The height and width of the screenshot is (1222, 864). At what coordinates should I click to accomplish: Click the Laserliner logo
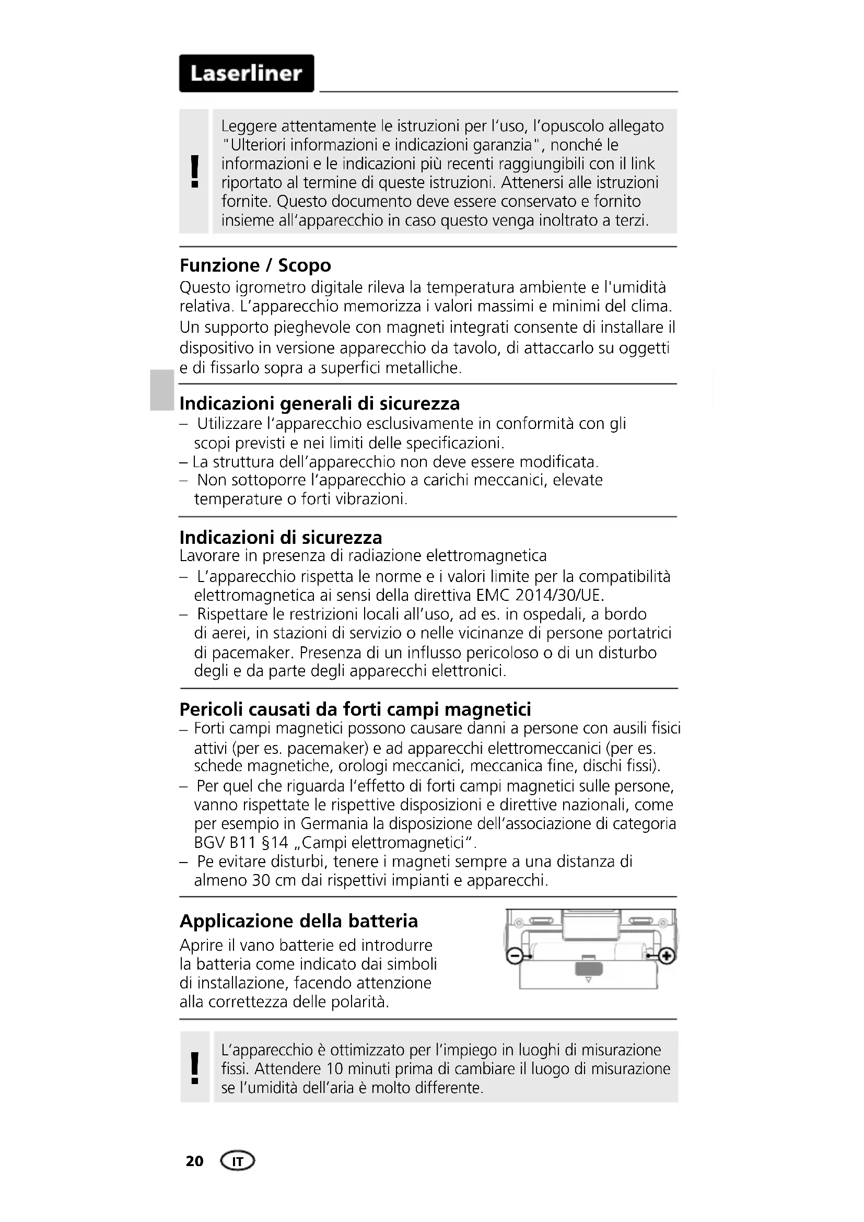247,74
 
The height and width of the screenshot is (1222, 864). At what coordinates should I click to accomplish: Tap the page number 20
194,1161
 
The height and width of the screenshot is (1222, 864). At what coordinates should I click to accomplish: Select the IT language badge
237,1161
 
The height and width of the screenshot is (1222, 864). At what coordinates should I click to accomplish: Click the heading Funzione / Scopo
255,265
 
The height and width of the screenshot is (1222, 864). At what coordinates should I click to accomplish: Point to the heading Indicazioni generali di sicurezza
319,403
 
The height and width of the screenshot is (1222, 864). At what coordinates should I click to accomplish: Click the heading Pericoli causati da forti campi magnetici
355,709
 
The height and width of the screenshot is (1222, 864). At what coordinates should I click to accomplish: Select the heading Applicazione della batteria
298,921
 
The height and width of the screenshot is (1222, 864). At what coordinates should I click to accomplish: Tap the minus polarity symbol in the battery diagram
514,957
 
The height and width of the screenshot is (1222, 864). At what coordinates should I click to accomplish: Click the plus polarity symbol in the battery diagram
667,957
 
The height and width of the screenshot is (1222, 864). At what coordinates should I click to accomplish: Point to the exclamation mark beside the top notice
195,171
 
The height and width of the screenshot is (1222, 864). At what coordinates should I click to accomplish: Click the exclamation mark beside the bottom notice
195,1068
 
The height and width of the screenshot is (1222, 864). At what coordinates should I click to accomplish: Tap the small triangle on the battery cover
588,980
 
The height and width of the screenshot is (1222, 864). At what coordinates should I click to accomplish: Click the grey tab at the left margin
161,391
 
